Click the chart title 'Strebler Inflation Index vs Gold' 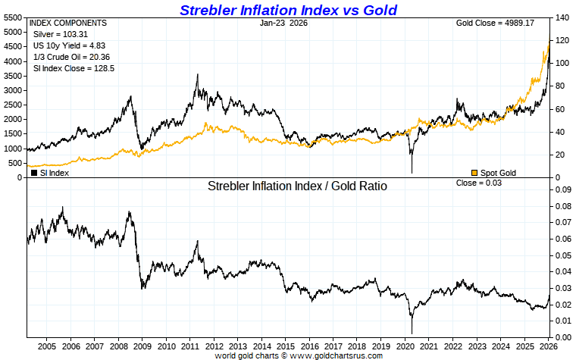288,10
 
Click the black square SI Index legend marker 34,173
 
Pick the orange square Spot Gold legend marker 474,173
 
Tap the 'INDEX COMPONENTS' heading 68,23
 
